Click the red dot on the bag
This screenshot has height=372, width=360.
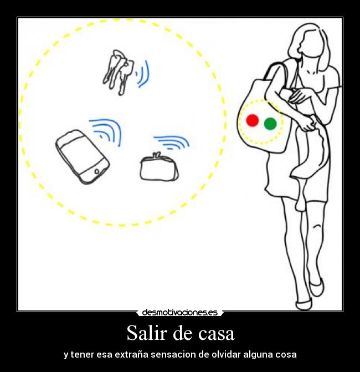(252, 120)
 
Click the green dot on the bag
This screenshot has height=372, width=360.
(270, 124)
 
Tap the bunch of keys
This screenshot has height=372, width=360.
(118, 70)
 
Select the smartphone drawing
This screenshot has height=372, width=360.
(82, 156)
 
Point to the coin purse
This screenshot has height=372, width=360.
(159, 168)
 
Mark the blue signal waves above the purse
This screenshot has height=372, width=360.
(172, 142)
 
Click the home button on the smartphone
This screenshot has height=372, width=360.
(98, 171)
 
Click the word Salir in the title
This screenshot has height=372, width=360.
(145, 333)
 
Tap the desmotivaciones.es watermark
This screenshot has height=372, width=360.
(179, 313)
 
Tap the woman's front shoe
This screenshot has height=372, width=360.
(304, 304)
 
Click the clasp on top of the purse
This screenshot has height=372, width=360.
(157, 155)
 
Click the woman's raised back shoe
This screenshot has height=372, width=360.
(316, 288)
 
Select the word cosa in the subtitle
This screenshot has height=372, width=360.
(285, 354)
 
